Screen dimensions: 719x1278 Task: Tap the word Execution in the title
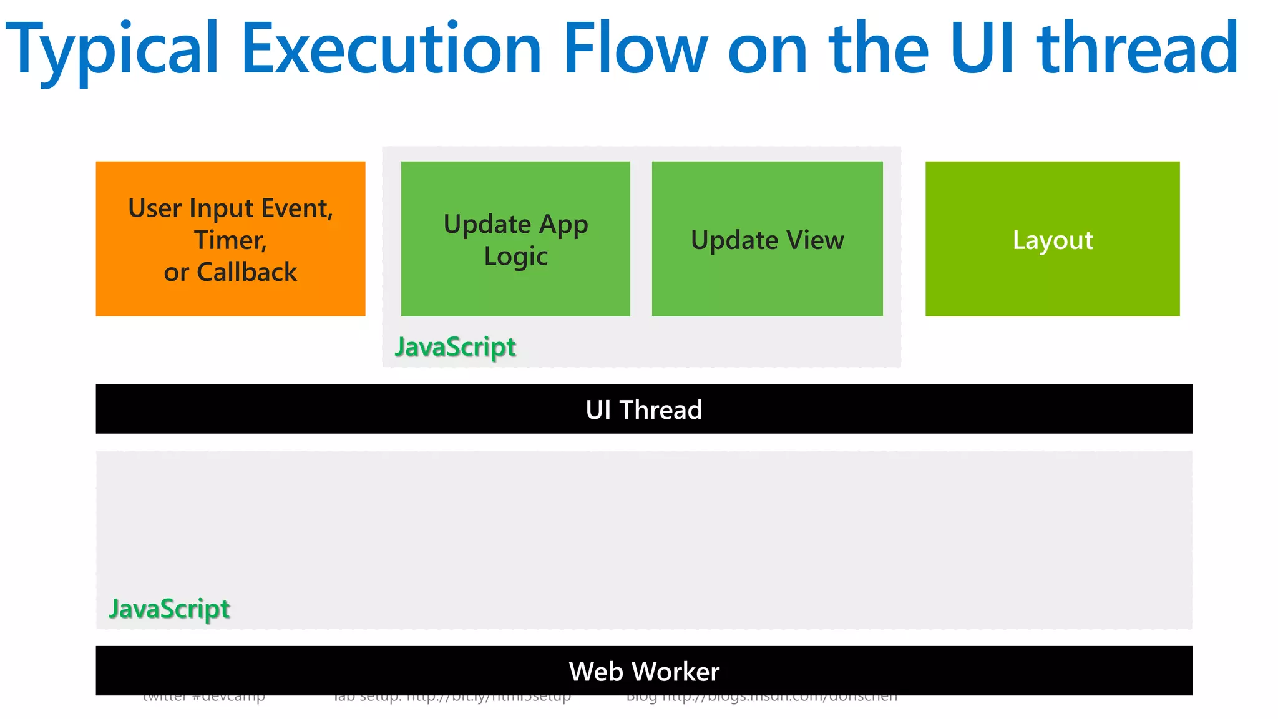coord(391,49)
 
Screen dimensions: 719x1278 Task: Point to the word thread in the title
coord(1137,49)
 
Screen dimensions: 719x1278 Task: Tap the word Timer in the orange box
coord(230,240)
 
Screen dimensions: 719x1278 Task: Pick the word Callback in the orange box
coord(247,272)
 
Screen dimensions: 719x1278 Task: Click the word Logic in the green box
coord(515,257)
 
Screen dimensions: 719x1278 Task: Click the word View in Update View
coord(814,240)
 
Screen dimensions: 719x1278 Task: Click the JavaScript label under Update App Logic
coord(456,347)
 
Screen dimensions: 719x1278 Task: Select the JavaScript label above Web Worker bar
coord(169,609)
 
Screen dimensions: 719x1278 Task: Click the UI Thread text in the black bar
coord(644,410)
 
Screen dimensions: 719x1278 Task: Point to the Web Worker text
coord(644,672)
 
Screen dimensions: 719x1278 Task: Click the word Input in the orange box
coord(222,208)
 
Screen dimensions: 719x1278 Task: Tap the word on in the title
coord(768,49)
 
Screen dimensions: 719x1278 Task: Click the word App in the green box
coord(563,225)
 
